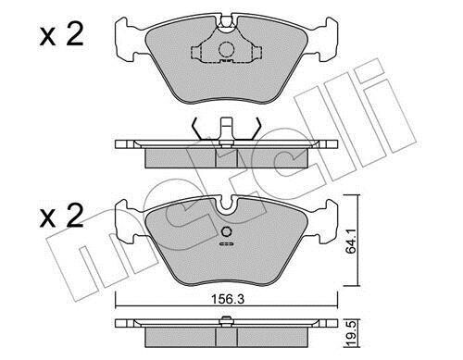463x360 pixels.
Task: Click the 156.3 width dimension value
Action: tap(228, 299)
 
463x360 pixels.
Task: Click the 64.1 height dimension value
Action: tap(351, 242)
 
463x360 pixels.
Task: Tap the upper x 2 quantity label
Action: tap(61, 35)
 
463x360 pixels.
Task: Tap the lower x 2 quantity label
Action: tap(61, 216)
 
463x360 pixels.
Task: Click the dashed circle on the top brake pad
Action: tap(227, 49)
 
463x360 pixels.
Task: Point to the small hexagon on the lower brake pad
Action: tap(227, 231)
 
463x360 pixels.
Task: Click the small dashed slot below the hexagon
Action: tap(227, 244)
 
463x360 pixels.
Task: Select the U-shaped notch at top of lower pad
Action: tap(227, 205)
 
